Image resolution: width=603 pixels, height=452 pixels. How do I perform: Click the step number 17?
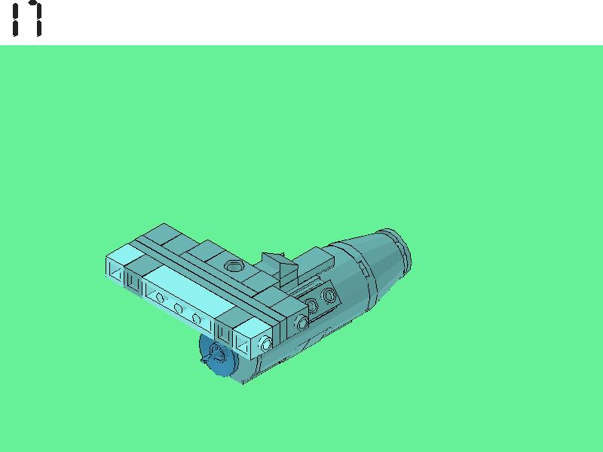click(27, 19)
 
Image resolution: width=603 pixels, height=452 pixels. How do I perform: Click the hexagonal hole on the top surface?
click(233, 266)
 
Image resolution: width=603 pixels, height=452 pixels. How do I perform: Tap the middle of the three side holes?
click(178, 308)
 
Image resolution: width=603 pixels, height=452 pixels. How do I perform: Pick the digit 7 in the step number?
click(35, 19)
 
